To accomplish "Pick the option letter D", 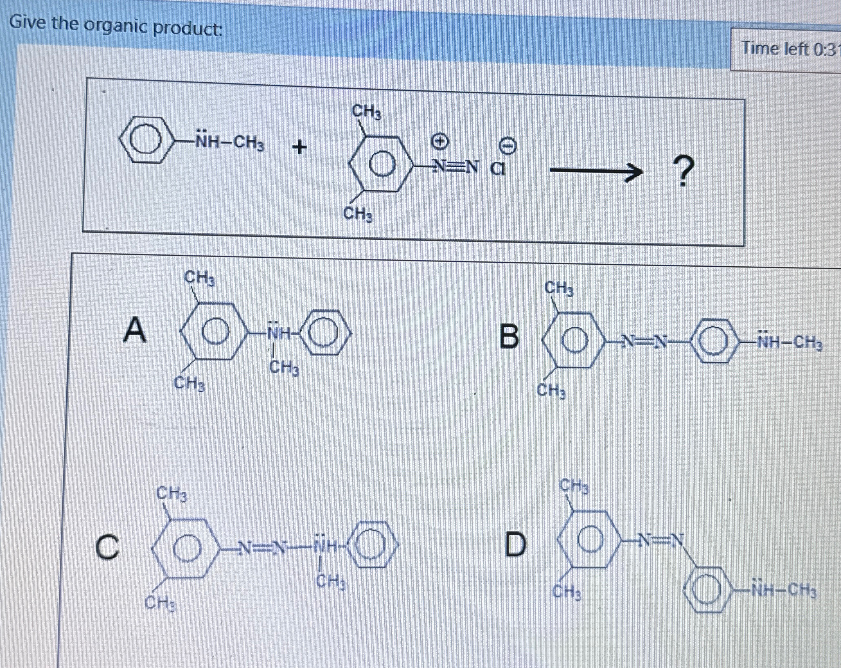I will [x=514, y=545].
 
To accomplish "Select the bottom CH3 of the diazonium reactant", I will [x=358, y=214].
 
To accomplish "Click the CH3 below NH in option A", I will [x=284, y=369].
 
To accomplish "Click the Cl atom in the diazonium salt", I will [x=498, y=169].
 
